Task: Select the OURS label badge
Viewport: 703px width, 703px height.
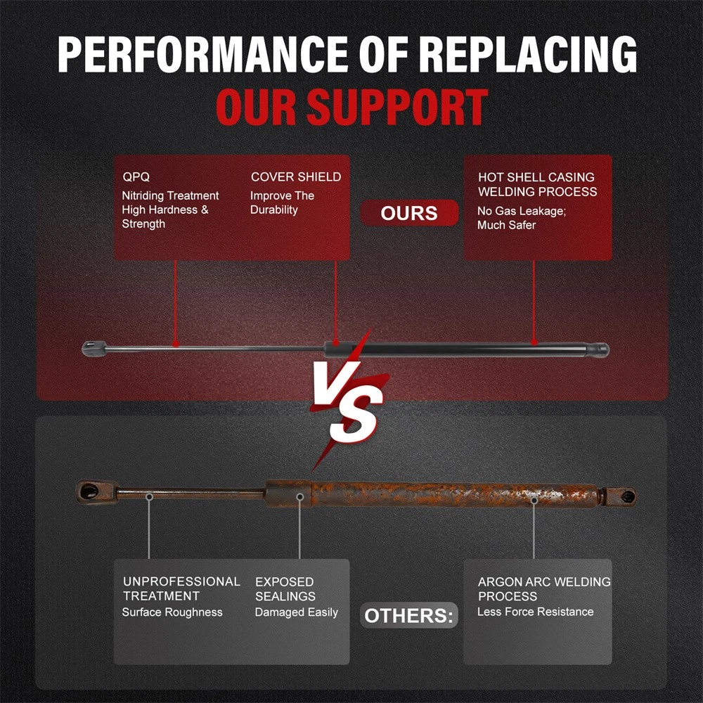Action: (409, 214)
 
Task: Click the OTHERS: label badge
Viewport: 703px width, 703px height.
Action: (409, 617)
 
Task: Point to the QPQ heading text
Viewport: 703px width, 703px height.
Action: (136, 177)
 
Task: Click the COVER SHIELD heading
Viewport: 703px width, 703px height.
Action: (296, 177)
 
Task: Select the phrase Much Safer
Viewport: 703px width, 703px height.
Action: (506, 225)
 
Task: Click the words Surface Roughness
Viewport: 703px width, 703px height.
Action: (172, 612)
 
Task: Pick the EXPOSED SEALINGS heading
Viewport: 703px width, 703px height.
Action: (285, 589)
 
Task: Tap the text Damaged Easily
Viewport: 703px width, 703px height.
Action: (296, 612)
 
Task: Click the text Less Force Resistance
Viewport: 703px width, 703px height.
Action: (535, 612)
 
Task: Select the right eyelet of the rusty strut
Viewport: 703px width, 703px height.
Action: (625, 496)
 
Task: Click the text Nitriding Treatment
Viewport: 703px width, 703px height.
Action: (170, 196)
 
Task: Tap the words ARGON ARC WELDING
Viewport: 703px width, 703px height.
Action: (544, 582)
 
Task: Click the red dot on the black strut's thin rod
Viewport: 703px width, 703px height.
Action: (175, 345)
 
